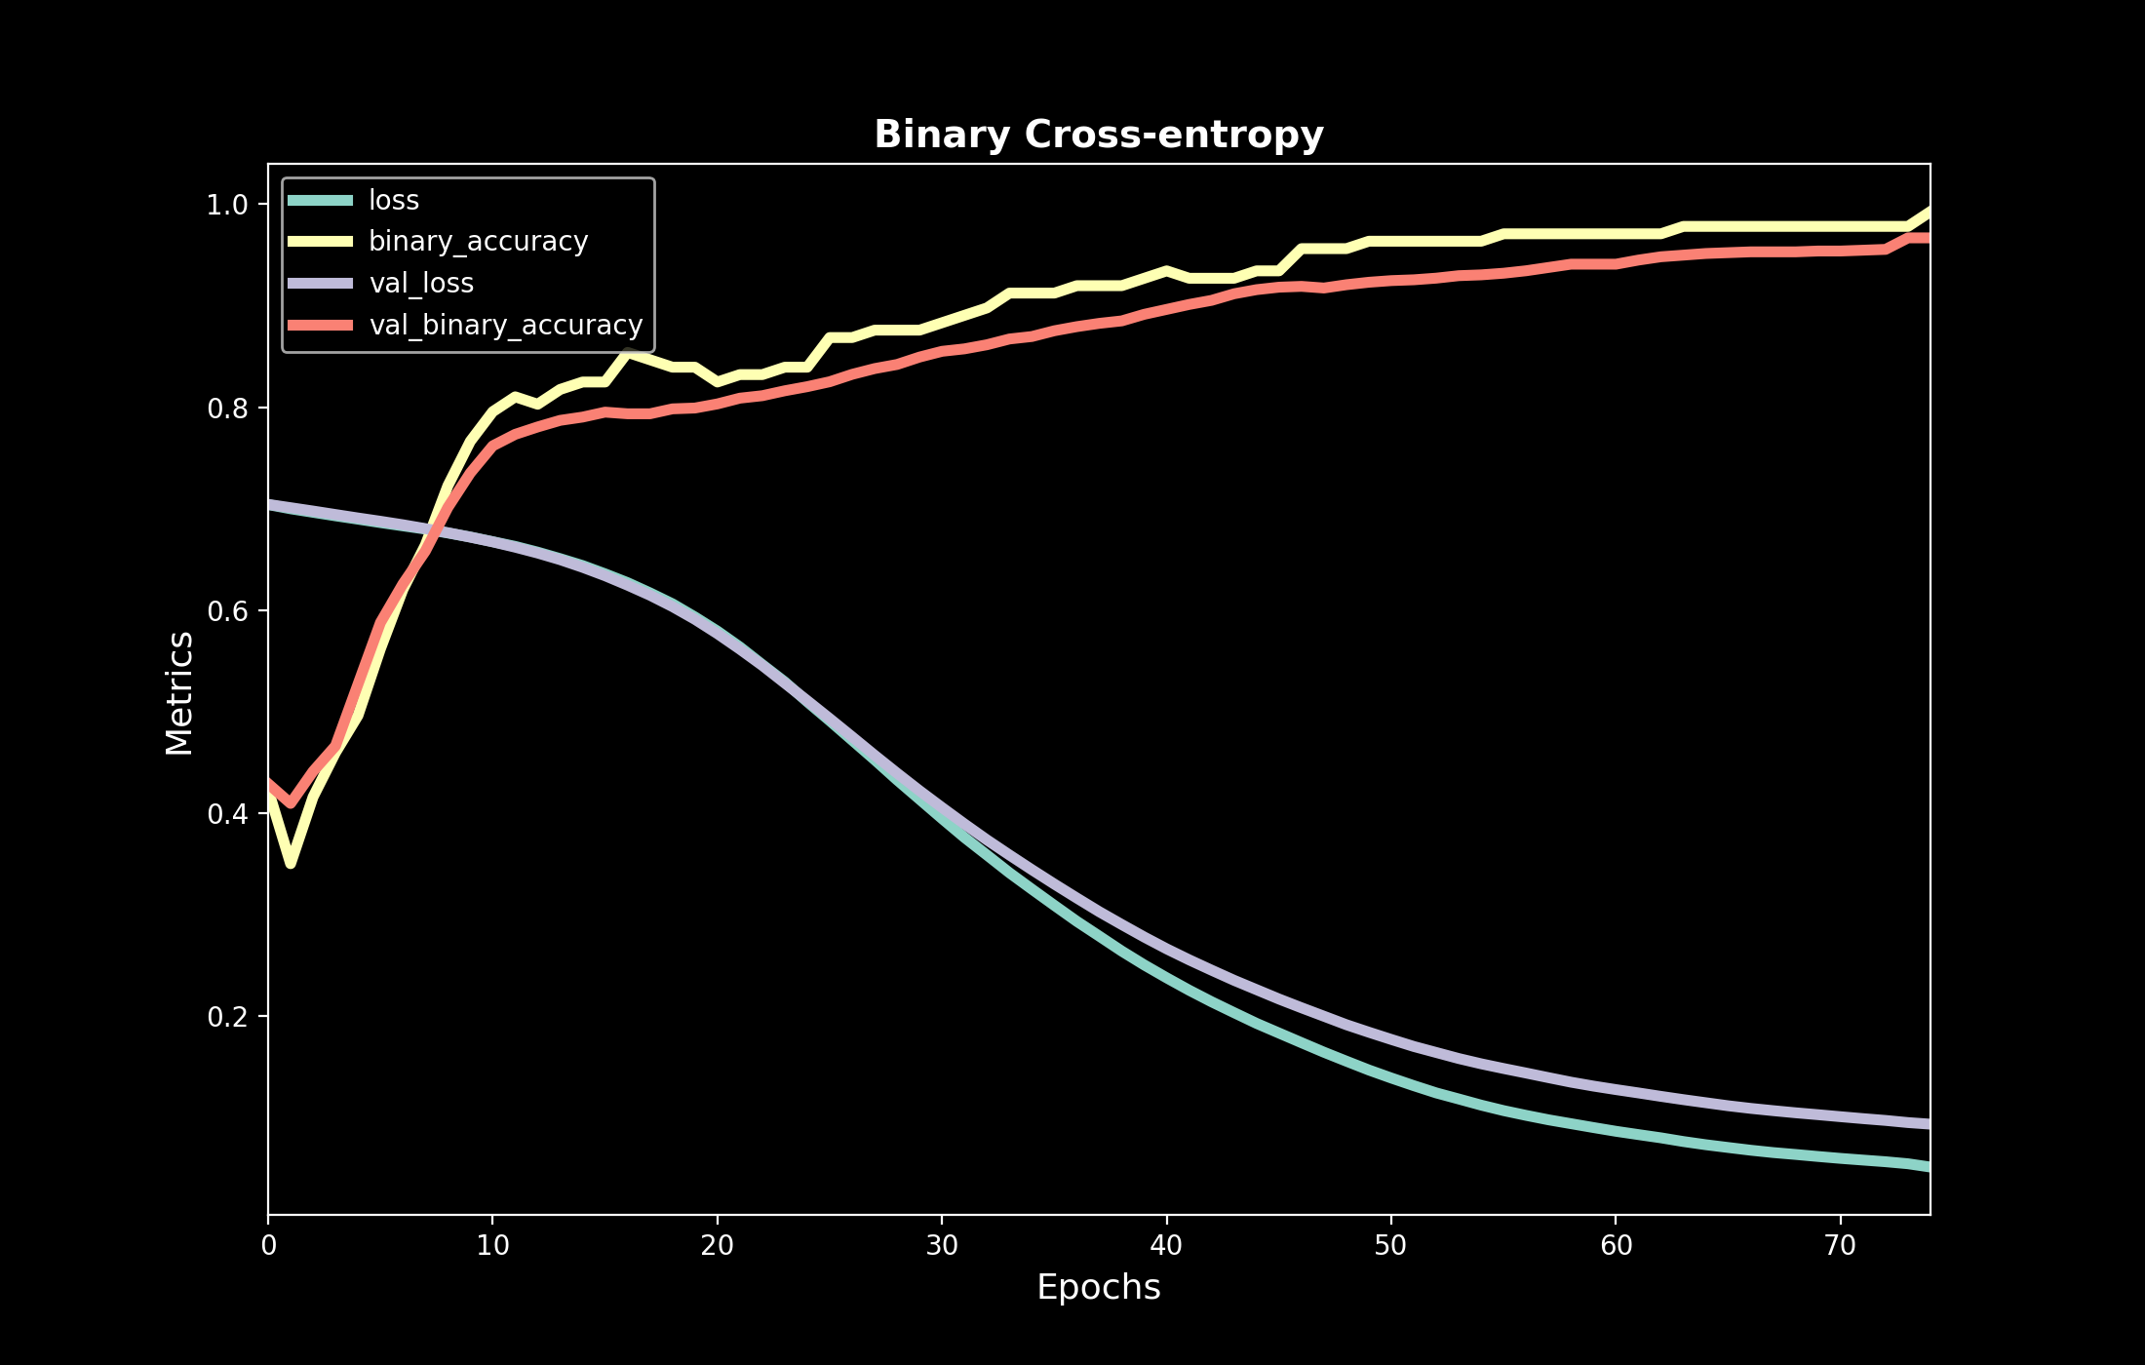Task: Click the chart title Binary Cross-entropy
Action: (1099, 135)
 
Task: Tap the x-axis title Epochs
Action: (1099, 1287)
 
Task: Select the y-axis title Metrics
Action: (179, 692)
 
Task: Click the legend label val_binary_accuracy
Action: (506, 325)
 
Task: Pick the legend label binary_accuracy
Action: (478, 241)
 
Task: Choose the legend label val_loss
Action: (421, 283)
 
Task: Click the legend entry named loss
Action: (394, 200)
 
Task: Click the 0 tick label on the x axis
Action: (268, 1245)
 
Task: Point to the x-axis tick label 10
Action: (492, 1245)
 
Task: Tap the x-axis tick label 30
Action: (942, 1245)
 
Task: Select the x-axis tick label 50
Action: (1391, 1245)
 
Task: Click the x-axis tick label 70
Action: (1840, 1245)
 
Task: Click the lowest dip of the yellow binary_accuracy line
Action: (291, 863)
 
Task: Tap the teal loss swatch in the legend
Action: (320, 201)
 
